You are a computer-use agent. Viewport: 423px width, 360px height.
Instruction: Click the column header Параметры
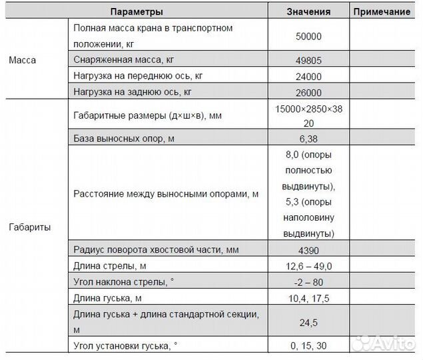137,12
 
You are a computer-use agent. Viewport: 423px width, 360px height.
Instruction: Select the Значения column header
308,12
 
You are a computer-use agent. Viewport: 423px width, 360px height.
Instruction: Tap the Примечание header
381,12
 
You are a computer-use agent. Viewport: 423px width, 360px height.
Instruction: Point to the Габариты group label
29,227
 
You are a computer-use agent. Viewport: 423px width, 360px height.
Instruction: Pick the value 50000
308,37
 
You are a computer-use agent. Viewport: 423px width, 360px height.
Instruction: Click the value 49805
308,60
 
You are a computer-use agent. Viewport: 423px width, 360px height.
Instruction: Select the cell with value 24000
308,76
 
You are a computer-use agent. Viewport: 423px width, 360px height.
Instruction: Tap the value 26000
308,93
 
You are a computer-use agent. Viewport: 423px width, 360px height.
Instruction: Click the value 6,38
308,139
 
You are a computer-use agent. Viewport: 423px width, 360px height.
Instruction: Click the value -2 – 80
308,281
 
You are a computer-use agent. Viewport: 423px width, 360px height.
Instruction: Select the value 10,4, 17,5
308,297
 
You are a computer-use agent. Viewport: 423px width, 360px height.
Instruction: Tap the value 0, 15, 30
308,345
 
